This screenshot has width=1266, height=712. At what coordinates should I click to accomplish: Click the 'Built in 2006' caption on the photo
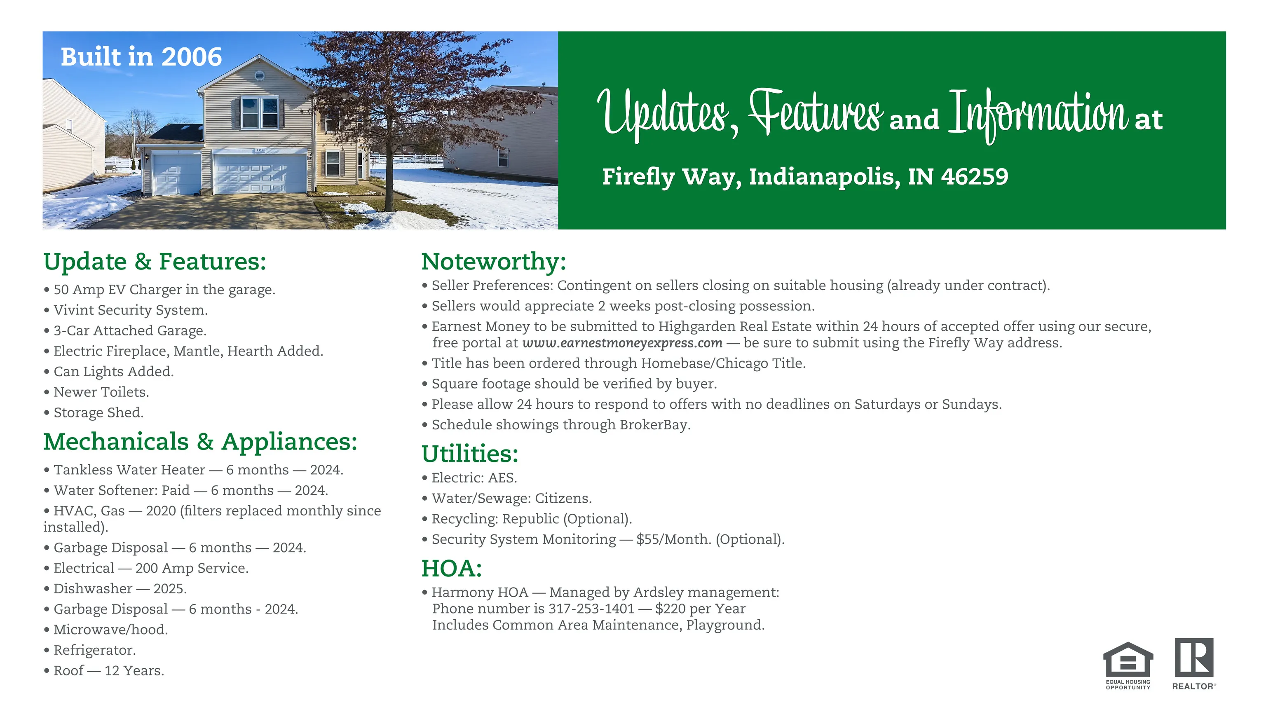point(141,56)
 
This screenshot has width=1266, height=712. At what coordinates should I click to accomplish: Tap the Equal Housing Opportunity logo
point(1128,665)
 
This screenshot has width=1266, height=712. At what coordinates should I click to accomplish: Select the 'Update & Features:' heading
point(155,261)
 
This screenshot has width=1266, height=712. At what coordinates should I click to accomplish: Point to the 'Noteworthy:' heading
point(494,261)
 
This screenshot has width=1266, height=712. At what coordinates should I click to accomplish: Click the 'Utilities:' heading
point(470,454)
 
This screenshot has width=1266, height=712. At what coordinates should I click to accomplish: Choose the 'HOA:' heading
point(452,569)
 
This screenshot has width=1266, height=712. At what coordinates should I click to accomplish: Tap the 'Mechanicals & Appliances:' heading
point(200,442)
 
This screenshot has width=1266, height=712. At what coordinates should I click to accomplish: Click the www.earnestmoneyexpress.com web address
point(622,343)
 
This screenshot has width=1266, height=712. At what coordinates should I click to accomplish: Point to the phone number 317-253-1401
point(591,609)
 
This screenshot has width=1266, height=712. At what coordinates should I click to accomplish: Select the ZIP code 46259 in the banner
point(975,176)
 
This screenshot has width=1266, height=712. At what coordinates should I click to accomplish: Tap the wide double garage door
point(260,173)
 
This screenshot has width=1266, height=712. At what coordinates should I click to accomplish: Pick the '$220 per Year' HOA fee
point(700,609)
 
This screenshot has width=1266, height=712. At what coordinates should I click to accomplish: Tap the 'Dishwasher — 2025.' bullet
point(115,589)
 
